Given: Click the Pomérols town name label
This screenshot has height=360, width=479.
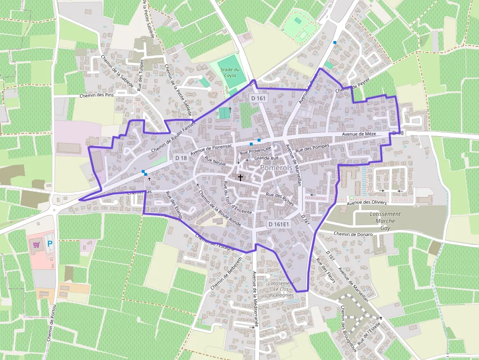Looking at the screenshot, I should coord(276,168).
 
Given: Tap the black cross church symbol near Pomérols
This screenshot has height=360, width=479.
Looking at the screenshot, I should coord(240,178).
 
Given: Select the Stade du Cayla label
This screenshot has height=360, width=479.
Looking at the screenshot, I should coord(230,73).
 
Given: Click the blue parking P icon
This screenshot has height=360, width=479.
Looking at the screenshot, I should coord(49,243).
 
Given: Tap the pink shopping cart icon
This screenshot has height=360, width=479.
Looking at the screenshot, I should coord(36,244).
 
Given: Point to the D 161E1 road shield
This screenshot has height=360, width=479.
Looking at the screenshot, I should coord(279,224).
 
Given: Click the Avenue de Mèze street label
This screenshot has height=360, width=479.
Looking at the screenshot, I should coord(359,134).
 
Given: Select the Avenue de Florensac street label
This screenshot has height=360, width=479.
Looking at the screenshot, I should coord(211,147).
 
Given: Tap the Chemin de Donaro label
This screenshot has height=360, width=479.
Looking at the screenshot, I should coord(353,234).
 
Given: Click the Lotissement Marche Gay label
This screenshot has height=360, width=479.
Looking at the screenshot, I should coord(385,221).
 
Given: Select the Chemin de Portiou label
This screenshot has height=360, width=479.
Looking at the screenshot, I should coord(52,322).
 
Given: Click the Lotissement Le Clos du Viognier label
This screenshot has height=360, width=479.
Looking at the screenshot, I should coord(281,289).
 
